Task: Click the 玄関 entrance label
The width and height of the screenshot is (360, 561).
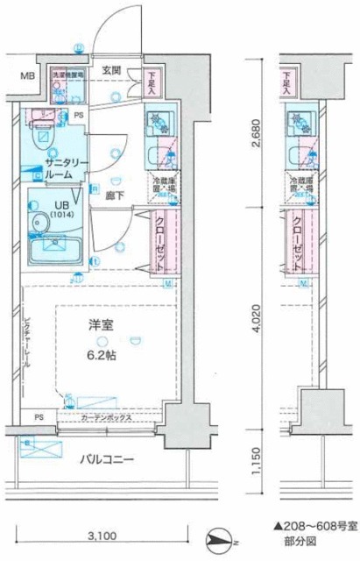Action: (109, 71)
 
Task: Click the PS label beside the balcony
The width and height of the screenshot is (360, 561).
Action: (38, 417)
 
